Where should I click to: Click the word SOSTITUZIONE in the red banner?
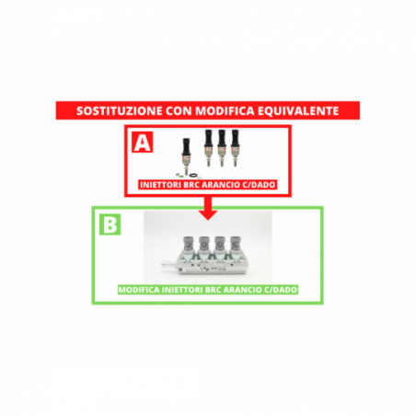(120, 110)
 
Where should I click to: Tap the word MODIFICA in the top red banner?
(225, 110)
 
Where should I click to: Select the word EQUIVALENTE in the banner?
(298, 110)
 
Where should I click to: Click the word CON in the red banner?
(179, 110)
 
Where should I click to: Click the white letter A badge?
(143, 142)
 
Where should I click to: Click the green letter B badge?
(110, 225)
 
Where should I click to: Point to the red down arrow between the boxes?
(208, 208)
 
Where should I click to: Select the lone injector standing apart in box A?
(186, 156)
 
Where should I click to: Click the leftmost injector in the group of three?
(209, 148)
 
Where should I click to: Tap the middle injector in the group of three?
(222, 148)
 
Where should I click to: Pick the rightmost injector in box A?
(235, 148)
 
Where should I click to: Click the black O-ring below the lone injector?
(193, 176)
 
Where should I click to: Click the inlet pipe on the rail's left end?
(168, 264)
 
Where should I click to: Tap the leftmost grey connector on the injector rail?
(189, 245)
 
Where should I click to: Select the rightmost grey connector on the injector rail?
(235, 245)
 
